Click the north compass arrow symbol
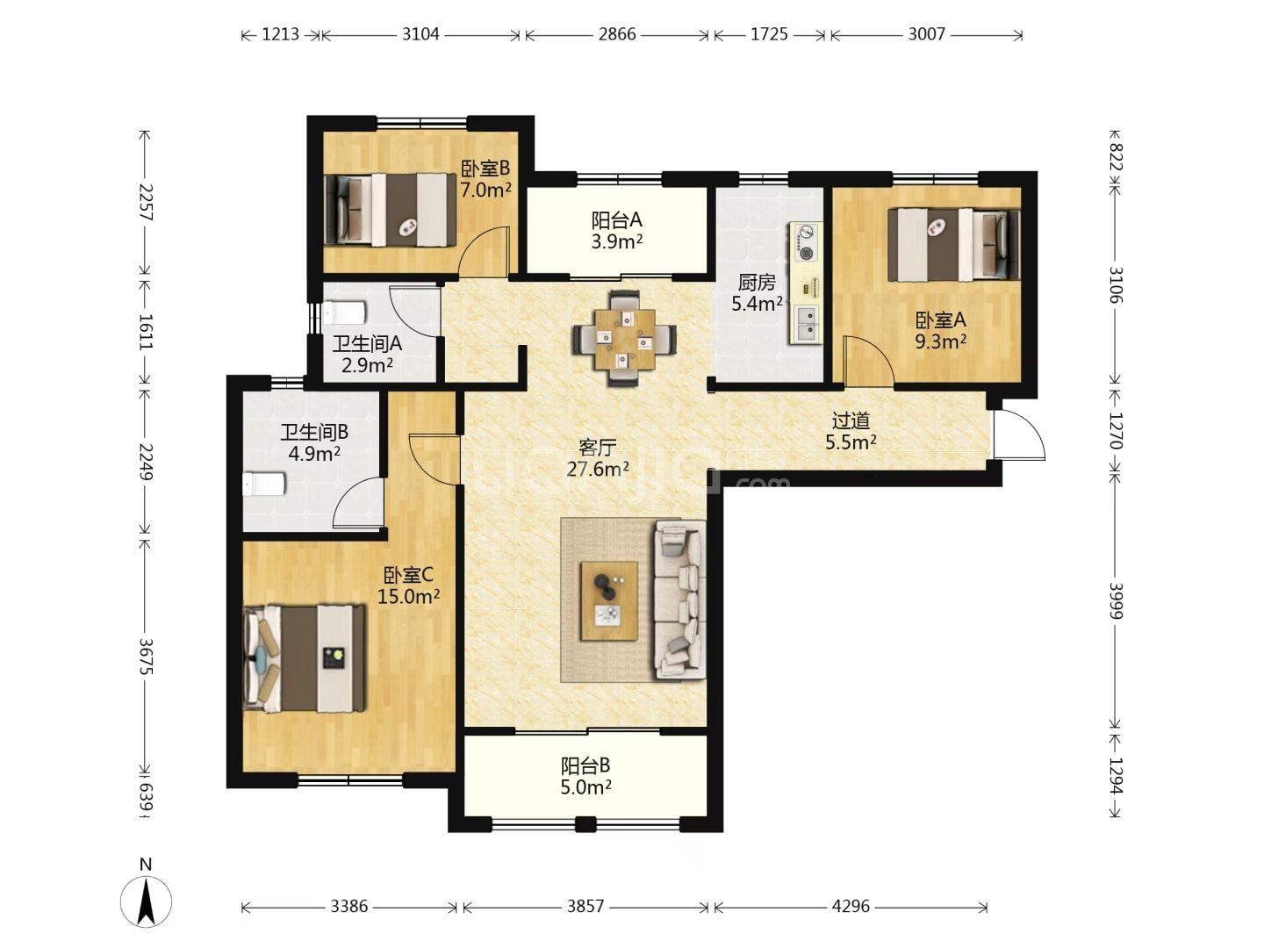[x=147, y=901]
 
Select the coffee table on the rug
[x=608, y=601]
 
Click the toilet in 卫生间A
[x=344, y=312]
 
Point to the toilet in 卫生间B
[x=263, y=484]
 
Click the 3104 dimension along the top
[x=420, y=34]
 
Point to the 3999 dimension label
[x=1116, y=601]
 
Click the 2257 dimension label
[x=145, y=202]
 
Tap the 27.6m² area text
[x=598, y=469]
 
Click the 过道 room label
[x=851, y=420]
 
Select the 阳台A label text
[x=617, y=219]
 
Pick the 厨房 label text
[x=757, y=282]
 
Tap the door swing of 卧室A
[x=868, y=361]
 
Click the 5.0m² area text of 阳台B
[x=585, y=786]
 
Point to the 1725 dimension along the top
[x=769, y=34]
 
